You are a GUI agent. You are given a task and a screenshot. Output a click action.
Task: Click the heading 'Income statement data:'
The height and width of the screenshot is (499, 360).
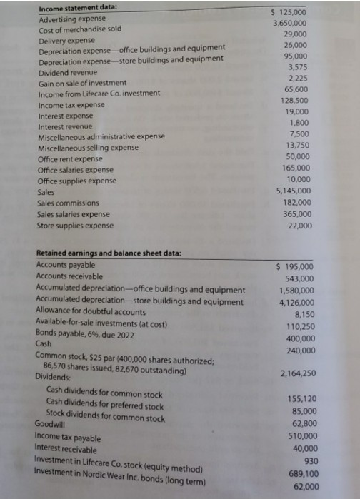click(68, 7)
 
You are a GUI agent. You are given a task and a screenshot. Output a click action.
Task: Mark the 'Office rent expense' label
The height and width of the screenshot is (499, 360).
click(70, 158)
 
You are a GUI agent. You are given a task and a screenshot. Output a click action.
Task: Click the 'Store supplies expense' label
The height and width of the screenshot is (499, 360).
click(75, 226)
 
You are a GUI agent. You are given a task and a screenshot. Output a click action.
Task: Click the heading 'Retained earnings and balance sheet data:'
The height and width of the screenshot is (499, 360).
click(109, 253)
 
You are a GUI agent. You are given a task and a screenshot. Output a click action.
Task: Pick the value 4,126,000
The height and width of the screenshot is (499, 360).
click(296, 301)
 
